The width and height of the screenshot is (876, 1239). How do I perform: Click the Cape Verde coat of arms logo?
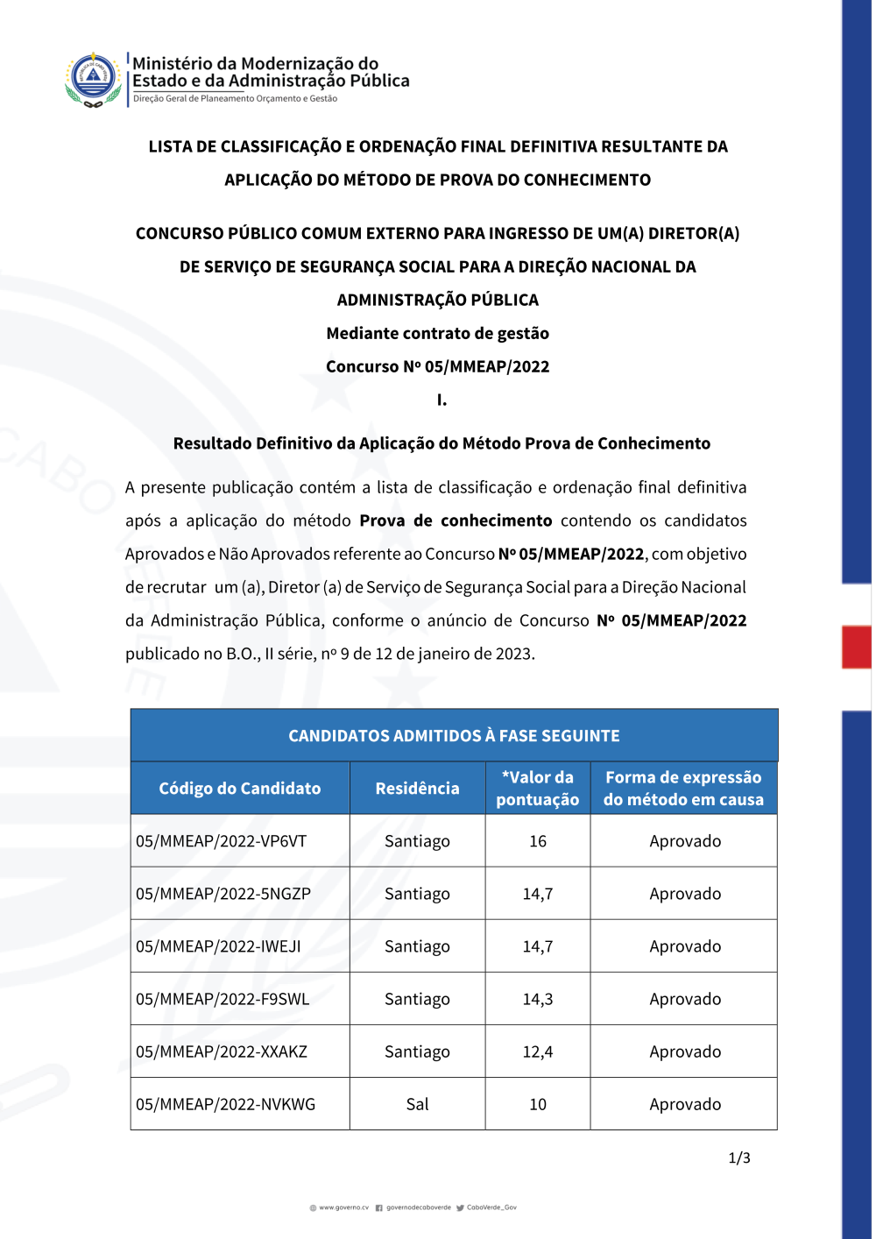coord(93,80)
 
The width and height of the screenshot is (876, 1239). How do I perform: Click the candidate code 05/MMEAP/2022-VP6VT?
coord(221,841)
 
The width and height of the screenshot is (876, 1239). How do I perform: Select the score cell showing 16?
coord(538,841)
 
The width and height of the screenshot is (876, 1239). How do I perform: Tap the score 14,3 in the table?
coord(538,999)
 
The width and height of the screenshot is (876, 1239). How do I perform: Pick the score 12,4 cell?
coord(538,1051)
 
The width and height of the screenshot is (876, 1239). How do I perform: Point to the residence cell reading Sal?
coord(417,1104)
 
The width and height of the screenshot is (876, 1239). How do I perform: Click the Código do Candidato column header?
coord(239,789)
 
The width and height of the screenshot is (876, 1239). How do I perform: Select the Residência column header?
coord(417,789)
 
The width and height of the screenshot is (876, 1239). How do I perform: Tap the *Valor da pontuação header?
coord(538,788)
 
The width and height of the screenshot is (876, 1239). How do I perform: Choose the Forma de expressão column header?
coord(683,788)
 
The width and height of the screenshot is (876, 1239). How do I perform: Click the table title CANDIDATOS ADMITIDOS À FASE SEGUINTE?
coord(454,736)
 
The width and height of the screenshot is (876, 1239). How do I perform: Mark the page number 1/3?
coord(739,1158)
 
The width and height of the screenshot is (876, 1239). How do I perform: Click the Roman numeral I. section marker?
coord(442,400)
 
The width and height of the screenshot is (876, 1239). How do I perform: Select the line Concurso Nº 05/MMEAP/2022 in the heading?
coord(438,366)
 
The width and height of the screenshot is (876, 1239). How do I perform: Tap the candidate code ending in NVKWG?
coord(225,1104)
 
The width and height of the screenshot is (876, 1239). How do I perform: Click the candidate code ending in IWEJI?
coord(218,946)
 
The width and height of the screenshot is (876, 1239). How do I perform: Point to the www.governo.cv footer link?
coord(343,1207)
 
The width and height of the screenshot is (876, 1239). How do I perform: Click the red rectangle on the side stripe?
coord(856,647)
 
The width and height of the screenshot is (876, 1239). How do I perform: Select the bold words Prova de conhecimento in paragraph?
coord(456,520)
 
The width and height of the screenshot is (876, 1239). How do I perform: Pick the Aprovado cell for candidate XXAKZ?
coord(685,1051)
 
